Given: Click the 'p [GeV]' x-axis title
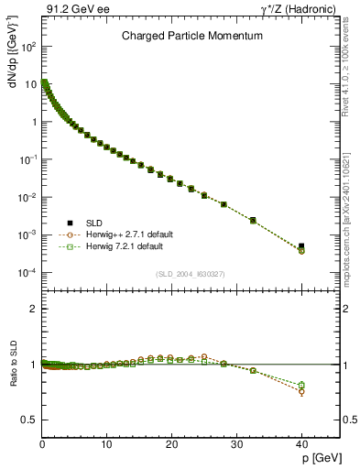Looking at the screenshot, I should (320, 455).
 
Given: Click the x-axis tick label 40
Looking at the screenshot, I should (301, 444).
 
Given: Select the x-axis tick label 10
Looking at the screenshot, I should (107, 444).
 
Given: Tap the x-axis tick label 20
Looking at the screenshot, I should (171, 444).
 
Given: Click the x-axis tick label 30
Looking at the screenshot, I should (236, 444).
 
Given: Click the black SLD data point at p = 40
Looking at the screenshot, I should (301, 245).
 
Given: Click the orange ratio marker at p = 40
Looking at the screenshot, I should (301, 391).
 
